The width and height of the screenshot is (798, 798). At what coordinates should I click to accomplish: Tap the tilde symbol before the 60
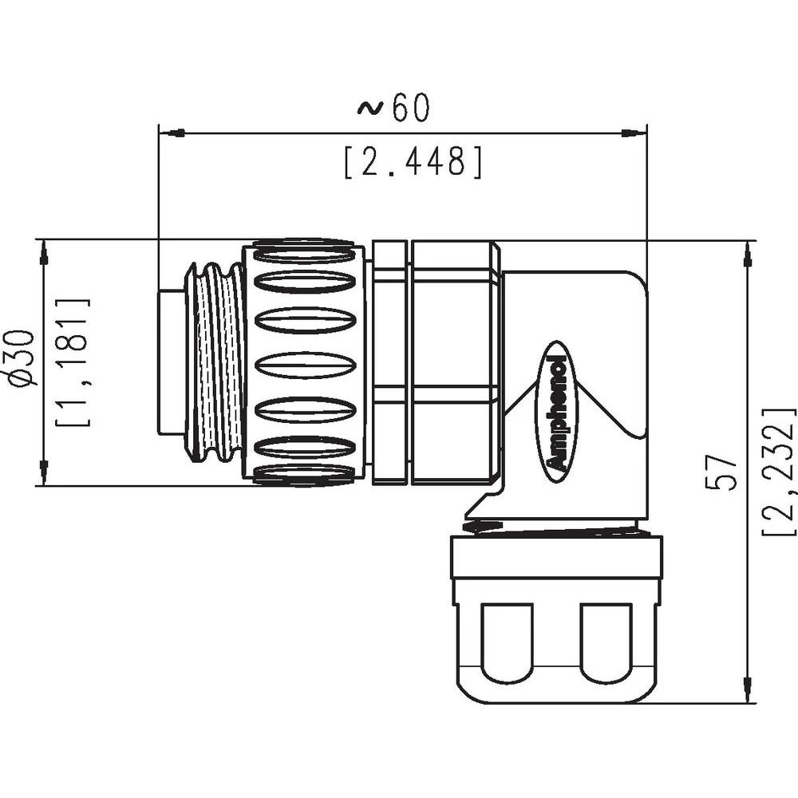click(x=369, y=109)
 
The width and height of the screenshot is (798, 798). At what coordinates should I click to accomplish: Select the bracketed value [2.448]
click(x=413, y=162)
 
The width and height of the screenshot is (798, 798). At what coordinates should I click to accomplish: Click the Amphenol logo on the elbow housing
click(x=558, y=412)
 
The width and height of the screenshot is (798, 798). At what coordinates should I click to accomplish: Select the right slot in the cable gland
click(x=607, y=642)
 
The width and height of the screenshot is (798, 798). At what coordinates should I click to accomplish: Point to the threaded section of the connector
click(x=213, y=363)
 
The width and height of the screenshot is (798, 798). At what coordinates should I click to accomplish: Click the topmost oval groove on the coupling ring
click(x=304, y=256)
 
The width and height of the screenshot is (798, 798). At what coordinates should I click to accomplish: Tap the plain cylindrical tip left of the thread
click(x=170, y=363)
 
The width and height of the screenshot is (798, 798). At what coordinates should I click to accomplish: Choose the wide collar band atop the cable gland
click(x=556, y=557)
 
